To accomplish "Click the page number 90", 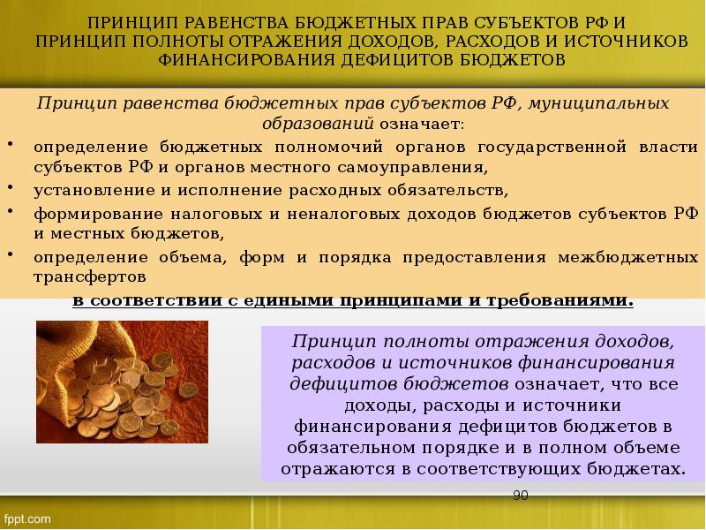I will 520,496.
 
